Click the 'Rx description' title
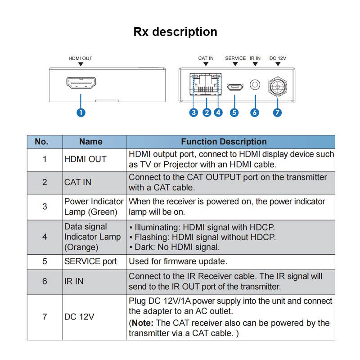coord(175,31)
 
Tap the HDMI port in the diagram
coord(81,83)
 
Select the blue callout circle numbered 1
coord(81,112)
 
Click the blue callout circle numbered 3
coord(193,112)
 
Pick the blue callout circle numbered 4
coord(218,112)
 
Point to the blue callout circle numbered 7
coord(277,112)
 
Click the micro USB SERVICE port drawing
coord(235,86)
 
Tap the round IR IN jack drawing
coord(255,85)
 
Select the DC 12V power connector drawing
coord(278,87)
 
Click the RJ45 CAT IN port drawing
coord(206,84)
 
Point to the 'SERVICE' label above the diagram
coord(235,58)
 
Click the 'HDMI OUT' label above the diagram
coord(81,58)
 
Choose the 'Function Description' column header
coord(224,142)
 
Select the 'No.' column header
coord(41,142)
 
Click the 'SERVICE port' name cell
coord(90,261)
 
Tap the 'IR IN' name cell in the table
coord(74,281)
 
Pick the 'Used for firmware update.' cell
coord(178,261)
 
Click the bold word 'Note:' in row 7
coord(143,323)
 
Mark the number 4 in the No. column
coord(45,237)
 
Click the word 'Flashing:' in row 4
coord(152,238)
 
